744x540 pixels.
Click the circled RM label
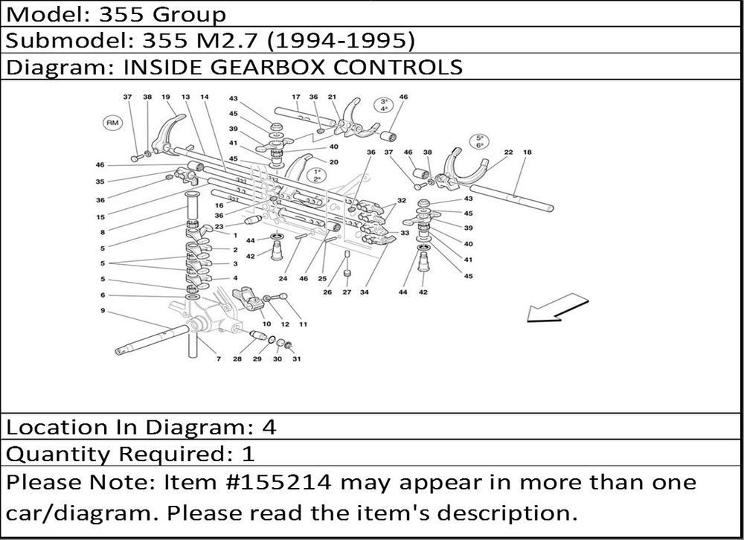[112, 123]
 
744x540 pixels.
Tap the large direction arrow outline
[558, 308]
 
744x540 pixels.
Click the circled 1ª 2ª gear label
[317, 175]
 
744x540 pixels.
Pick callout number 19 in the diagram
[166, 97]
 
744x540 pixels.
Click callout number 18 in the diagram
[527, 152]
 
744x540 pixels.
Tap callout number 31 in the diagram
[297, 359]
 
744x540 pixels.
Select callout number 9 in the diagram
[103, 311]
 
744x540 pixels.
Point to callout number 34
[364, 292]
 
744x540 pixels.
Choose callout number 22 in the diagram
[508, 152]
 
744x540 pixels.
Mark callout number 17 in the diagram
[296, 97]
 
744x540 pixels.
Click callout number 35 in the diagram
[100, 181]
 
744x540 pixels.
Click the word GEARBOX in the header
[267, 67]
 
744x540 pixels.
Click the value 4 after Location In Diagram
[269, 428]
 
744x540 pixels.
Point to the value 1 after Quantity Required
[248, 454]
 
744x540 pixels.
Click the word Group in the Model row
[189, 16]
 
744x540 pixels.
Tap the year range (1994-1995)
[341, 42]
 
